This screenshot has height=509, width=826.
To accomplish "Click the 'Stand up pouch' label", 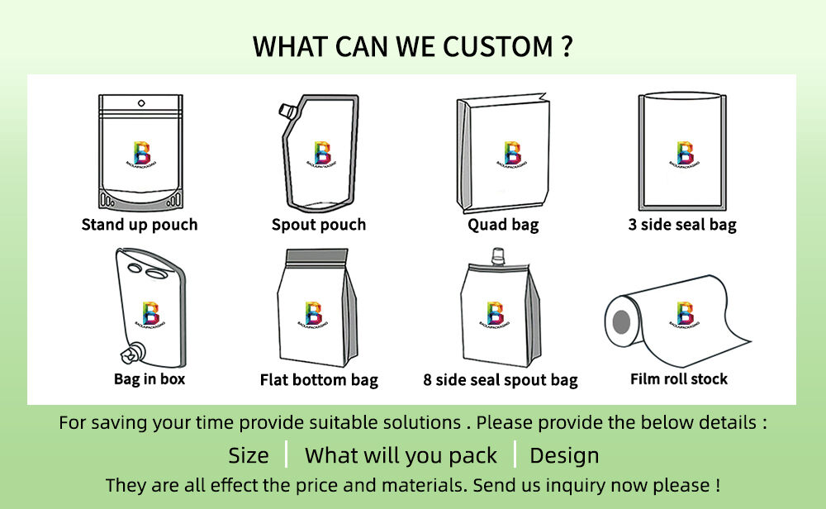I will coord(140,225).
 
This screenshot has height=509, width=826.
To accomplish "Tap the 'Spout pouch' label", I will coord(319,225).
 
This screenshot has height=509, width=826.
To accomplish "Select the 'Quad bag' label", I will coord(503,225).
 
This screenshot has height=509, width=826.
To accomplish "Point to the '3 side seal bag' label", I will coord(682,225).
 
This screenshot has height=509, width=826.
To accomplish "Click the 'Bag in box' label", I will coord(150,379).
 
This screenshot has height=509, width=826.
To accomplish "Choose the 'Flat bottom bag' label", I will coord(319,380).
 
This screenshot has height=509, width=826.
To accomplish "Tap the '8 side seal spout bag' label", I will coord(501,380).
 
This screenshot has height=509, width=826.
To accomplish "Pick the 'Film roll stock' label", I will coord(679,379).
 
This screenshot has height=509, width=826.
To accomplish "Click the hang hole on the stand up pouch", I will coord(140,103).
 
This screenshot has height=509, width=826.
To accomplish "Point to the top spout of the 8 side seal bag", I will coord(497,255).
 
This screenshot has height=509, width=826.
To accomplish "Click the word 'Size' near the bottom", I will coord(249,455).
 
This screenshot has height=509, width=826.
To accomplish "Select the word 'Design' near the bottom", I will coord(564,455).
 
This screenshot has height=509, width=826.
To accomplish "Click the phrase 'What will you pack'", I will coord(401,455).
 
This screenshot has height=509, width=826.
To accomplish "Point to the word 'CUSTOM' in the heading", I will coord(496,46).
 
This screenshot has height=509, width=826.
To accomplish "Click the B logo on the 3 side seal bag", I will coord(685,154).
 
